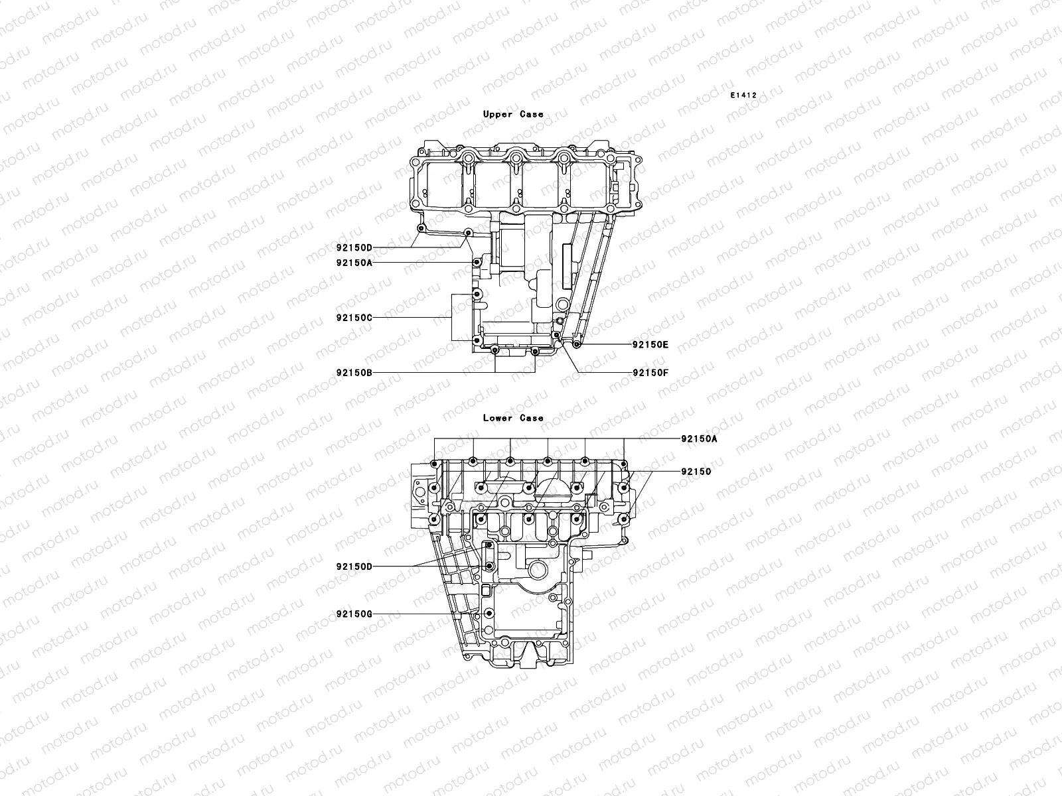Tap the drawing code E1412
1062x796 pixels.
point(743,96)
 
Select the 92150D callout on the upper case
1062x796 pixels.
point(354,248)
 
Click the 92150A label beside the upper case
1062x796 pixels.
point(354,263)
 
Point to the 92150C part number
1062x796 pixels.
point(354,318)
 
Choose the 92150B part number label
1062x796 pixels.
point(354,373)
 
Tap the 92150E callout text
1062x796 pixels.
point(650,345)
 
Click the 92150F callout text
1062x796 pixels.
point(650,373)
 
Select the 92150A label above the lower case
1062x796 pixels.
point(699,439)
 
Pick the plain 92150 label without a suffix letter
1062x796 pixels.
point(696,472)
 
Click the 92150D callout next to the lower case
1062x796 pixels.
point(354,566)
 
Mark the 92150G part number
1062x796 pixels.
point(354,614)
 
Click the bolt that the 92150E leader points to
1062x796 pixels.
point(577,345)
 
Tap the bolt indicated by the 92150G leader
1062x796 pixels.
point(489,614)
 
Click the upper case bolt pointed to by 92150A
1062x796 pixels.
point(476,263)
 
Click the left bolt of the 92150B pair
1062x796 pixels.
point(495,350)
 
